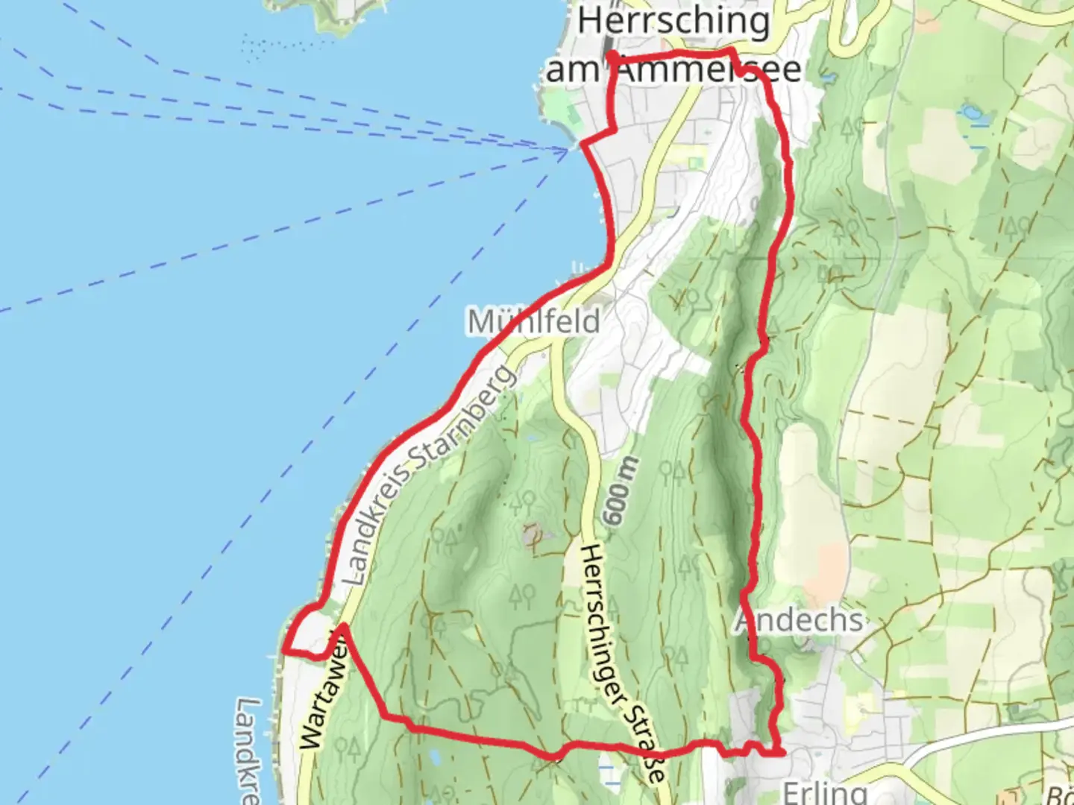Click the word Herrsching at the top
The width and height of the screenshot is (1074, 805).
(673, 21)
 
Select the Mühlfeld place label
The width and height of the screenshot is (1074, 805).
(533, 321)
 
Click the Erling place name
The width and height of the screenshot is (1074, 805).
(824, 792)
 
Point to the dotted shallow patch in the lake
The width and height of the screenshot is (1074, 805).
(269, 46)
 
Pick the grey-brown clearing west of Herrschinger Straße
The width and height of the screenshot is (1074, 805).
(533, 535)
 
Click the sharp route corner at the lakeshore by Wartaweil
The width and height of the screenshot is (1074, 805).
(286, 651)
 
